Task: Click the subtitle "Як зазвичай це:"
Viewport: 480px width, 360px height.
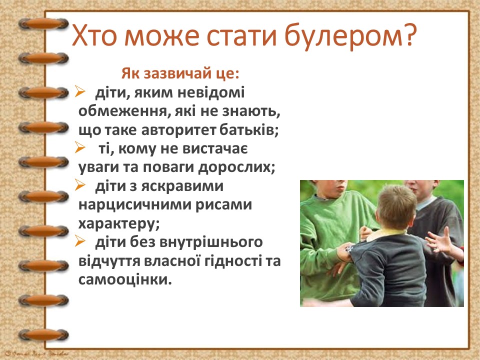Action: [x=180, y=74]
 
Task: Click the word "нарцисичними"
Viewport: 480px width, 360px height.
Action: [x=133, y=204]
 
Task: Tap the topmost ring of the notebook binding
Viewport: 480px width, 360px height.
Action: [x=42, y=24]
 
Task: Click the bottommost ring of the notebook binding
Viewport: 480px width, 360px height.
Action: [x=42, y=333]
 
